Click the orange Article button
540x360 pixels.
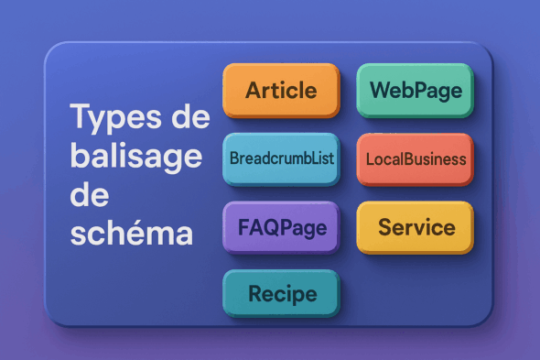coord(281,91)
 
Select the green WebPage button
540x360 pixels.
coord(416,91)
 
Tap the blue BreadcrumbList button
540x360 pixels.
coord(281,158)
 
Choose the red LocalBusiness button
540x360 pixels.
coord(416,158)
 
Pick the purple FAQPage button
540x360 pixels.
coord(281,225)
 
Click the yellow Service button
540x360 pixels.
coord(416,225)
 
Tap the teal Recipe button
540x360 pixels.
coord(281,294)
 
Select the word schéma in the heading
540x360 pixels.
coord(133,233)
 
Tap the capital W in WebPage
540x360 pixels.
coord(379,91)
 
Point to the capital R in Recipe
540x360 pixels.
coord(255,294)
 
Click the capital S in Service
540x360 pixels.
coord(385,225)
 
